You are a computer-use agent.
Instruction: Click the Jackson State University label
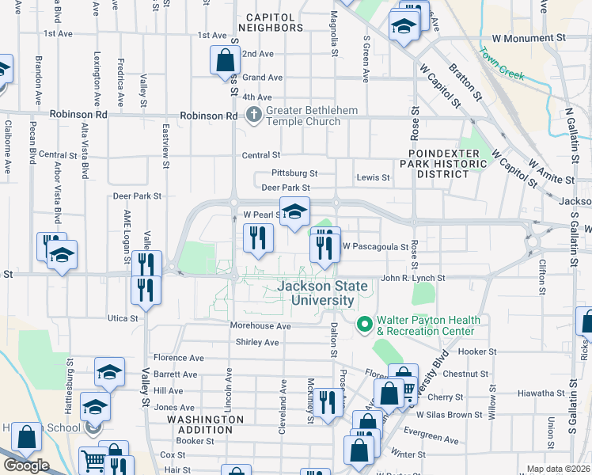[x=316, y=293]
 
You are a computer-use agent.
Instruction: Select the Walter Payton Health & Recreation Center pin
[x=364, y=324]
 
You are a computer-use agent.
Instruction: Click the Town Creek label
[x=502, y=64]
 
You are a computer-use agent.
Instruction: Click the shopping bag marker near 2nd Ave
[x=225, y=59]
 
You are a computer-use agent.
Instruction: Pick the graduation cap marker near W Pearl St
[x=295, y=211]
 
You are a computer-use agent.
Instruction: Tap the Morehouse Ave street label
[x=260, y=326]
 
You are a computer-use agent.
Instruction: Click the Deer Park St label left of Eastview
[x=137, y=195]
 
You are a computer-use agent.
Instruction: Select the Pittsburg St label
[x=294, y=173]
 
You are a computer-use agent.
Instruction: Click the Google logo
[x=25, y=465]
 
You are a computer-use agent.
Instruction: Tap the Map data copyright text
[x=559, y=469]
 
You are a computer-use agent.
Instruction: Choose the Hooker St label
[x=476, y=351]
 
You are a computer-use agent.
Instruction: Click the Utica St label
[x=122, y=318]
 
